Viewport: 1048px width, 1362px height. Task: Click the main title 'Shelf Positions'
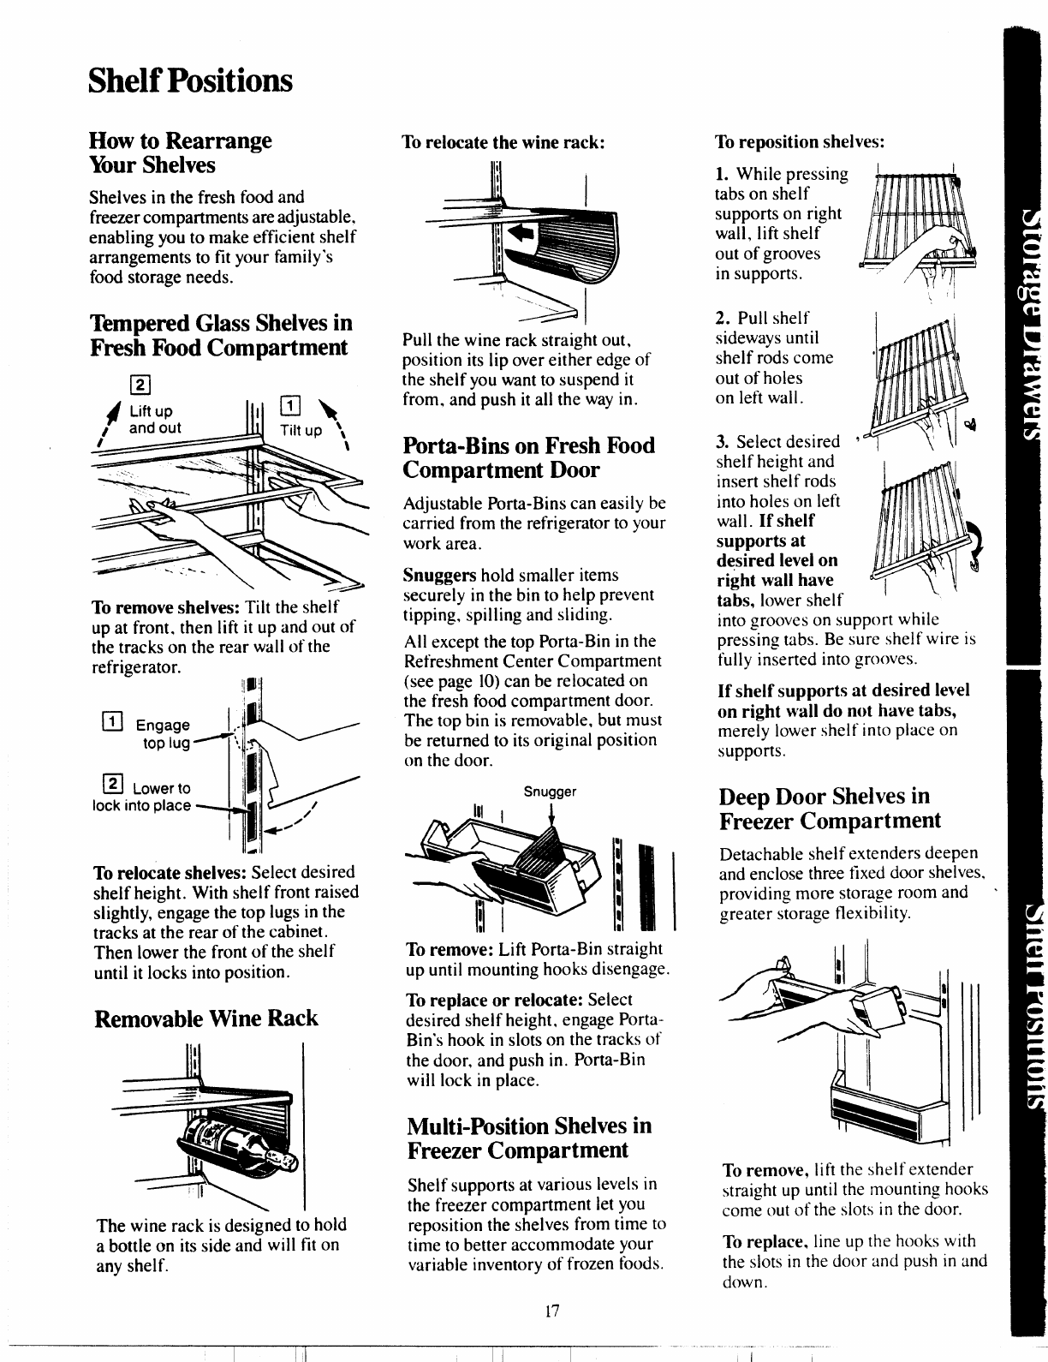(x=190, y=81)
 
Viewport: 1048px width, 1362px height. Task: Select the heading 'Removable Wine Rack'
(x=205, y=1019)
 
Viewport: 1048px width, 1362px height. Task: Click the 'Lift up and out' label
(x=154, y=420)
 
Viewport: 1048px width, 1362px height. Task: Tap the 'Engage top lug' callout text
(x=166, y=734)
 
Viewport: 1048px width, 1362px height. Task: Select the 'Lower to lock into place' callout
(x=143, y=797)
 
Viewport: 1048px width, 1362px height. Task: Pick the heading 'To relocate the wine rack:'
(x=504, y=143)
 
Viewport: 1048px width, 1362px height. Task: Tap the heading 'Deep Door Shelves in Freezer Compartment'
(x=830, y=808)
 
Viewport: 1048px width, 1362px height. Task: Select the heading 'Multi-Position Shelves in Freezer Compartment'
(x=527, y=1161)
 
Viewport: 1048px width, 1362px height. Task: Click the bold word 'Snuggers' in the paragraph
(x=439, y=576)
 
